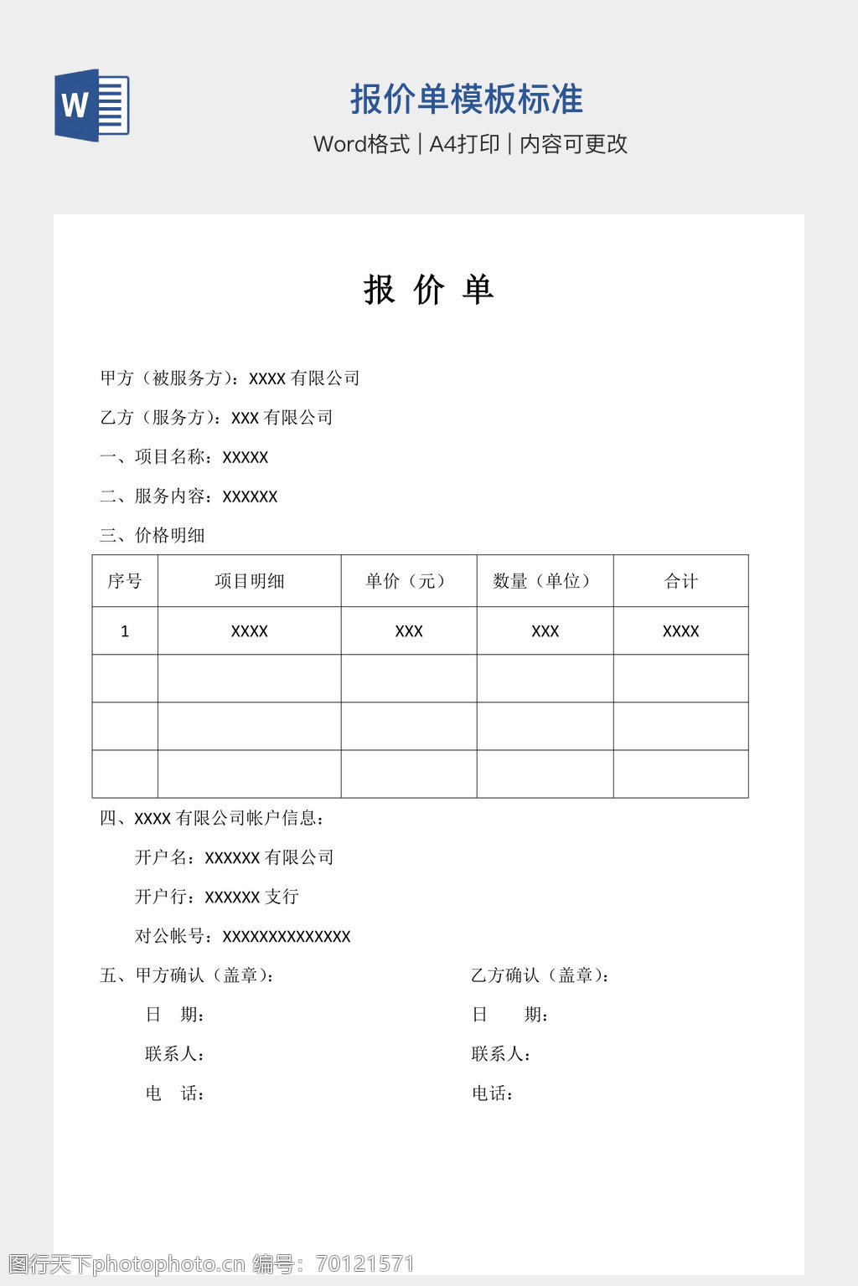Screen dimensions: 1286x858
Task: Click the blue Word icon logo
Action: (x=91, y=105)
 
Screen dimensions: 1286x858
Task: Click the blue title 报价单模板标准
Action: (x=466, y=100)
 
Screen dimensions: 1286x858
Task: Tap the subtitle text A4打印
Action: (x=464, y=144)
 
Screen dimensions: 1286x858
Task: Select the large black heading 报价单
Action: (x=428, y=290)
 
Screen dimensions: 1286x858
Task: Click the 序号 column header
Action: (x=125, y=581)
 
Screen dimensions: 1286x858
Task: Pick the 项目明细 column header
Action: (x=250, y=581)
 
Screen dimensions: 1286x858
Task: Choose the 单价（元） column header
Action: (x=408, y=581)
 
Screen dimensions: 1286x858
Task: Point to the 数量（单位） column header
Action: (x=545, y=581)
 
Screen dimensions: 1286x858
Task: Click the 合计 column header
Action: (x=680, y=581)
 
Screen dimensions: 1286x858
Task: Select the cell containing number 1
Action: (x=125, y=631)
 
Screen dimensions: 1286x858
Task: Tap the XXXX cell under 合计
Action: (x=680, y=631)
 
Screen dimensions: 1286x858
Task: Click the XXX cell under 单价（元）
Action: (x=409, y=631)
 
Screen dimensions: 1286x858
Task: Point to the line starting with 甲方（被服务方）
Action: (x=230, y=378)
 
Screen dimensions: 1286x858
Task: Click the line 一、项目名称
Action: (x=184, y=457)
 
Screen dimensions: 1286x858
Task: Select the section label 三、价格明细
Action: (x=152, y=536)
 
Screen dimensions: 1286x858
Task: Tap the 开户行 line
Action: (x=217, y=897)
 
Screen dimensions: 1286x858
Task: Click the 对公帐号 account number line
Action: (x=243, y=936)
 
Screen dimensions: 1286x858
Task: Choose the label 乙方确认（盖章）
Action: (x=540, y=975)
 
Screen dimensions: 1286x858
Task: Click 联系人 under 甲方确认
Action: (x=175, y=1054)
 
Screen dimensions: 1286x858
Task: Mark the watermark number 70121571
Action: (x=365, y=1264)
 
